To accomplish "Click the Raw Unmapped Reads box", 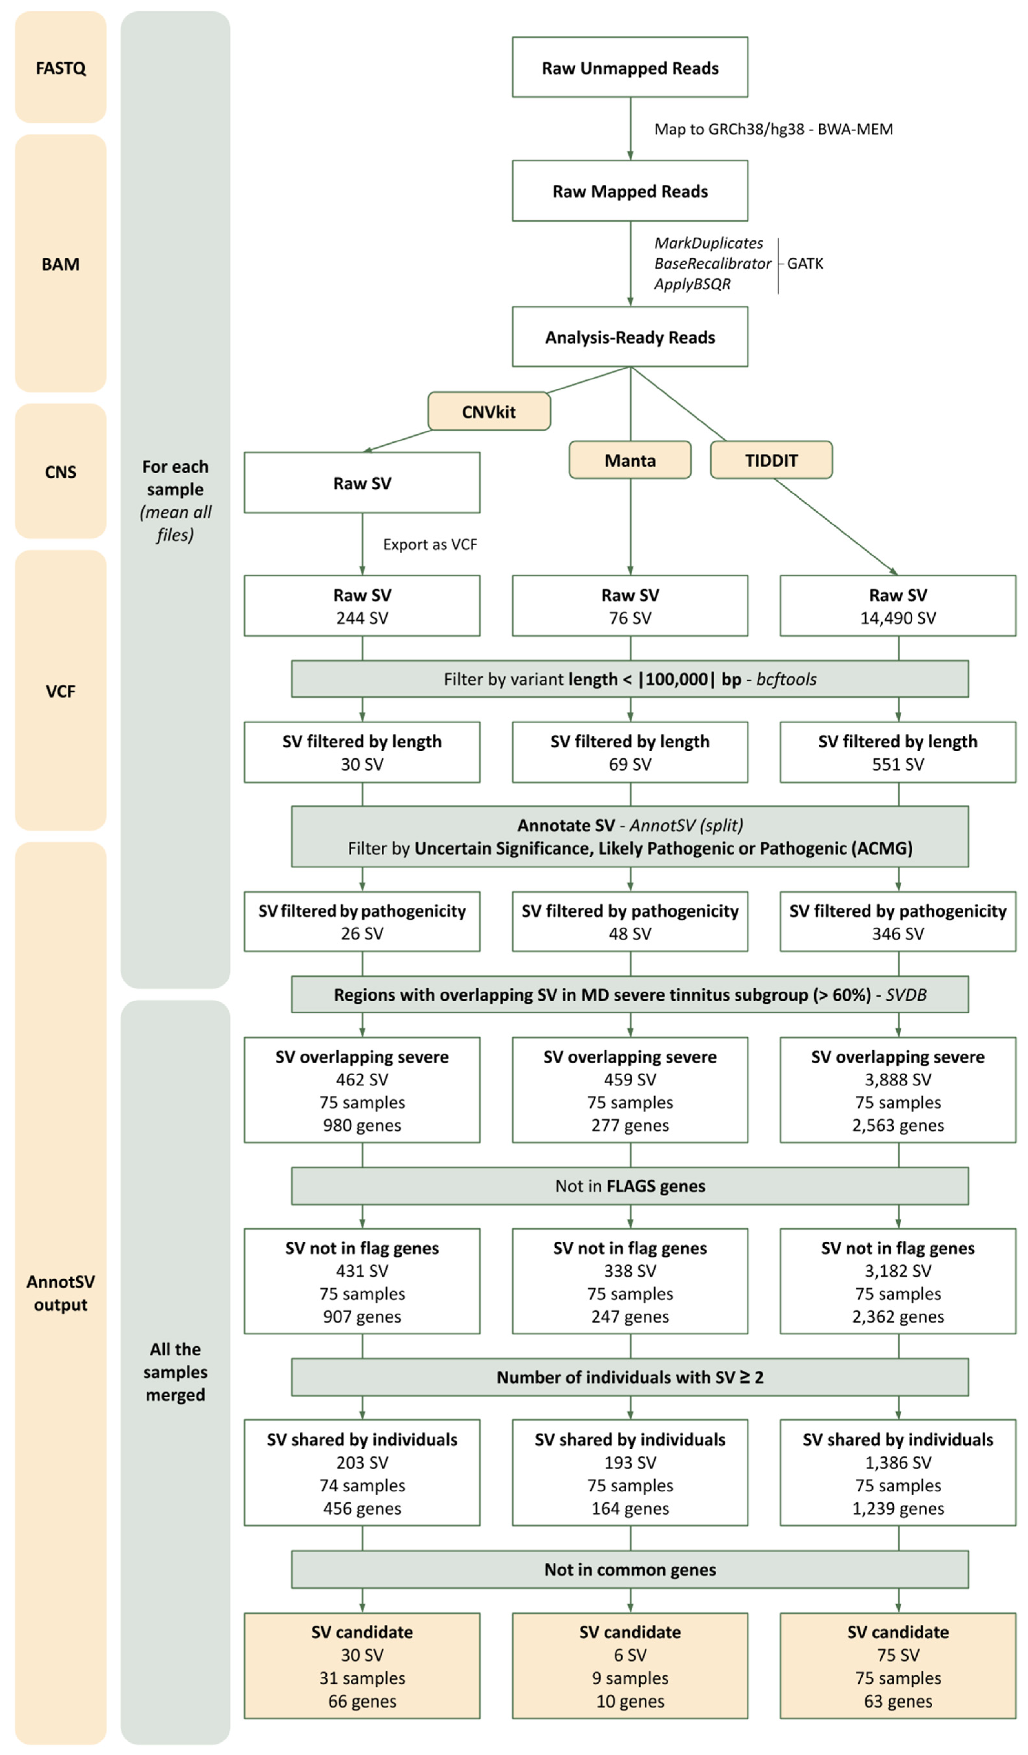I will point(630,67).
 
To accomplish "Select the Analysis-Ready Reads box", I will point(630,337).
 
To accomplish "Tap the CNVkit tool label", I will point(489,411).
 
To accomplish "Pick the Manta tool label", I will point(630,460).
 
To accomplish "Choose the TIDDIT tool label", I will point(771,460).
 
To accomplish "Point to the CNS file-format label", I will point(61,472).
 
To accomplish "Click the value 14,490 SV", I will point(898,618).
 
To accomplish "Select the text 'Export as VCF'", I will point(430,545).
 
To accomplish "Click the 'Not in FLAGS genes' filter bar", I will point(630,1186).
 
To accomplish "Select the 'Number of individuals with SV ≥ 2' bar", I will point(630,1377).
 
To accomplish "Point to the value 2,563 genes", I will point(898,1126).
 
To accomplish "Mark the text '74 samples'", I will point(362,1485).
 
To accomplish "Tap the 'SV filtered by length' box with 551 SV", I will point(898,752).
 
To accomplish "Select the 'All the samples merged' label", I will point(175,1372).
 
